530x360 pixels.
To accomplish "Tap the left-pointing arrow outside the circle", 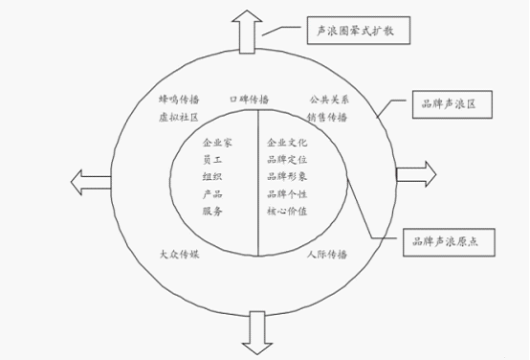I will pyautogui.click(x=89, y=179).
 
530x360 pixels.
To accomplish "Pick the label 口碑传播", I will pyautogui.click(x=249, y=99).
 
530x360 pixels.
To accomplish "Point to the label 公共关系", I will pyautogui.click(x=327, y=99).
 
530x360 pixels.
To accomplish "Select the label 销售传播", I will pyautogui.click(x=327, y=117).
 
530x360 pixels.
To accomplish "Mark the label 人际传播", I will pyautogui.click(x=327, y=255).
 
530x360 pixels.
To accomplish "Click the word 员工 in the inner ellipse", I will pyautogui.click(x=213, y=159).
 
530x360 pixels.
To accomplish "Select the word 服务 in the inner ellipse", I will pyautogui.click(x=213, y=211).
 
